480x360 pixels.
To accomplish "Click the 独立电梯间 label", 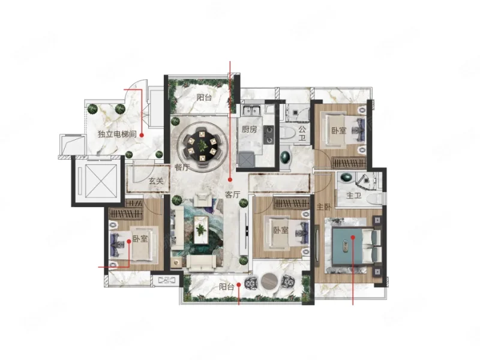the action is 117,134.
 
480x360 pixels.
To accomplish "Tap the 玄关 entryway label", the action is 156,181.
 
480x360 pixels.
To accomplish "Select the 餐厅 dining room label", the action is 182,167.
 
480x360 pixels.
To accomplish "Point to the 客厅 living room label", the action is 233,194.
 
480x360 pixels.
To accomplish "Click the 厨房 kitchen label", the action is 249,129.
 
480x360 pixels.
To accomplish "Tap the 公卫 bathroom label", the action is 302,133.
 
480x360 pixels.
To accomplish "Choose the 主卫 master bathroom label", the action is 354,196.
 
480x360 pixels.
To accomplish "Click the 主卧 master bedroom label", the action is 324,207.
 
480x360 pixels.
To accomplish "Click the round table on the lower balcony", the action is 269,281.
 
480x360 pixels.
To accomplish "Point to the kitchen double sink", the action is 251,110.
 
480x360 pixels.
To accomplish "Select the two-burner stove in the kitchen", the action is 269,135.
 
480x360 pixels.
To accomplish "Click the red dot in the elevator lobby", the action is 142,135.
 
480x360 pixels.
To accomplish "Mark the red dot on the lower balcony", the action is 238,284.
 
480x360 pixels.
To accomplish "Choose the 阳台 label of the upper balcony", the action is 204,97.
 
